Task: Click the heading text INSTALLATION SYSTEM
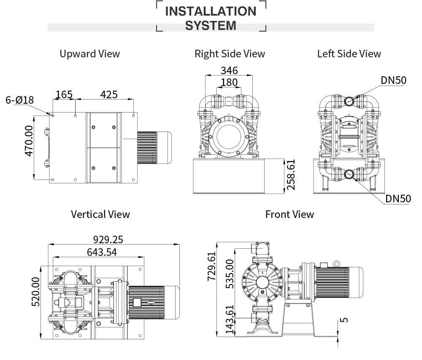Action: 211,18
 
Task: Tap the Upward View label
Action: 89,54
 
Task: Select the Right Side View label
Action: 230,54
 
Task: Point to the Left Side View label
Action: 349,54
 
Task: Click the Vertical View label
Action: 100,214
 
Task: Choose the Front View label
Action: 289,214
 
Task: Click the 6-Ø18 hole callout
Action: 19,100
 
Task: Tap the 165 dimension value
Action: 64,94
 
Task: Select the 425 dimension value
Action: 108,94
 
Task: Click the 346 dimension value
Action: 229,70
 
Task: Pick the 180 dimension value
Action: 229,82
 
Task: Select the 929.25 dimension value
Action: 108,239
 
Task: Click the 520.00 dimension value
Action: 36,291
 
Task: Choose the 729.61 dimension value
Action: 211,266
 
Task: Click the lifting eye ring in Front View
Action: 336,264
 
